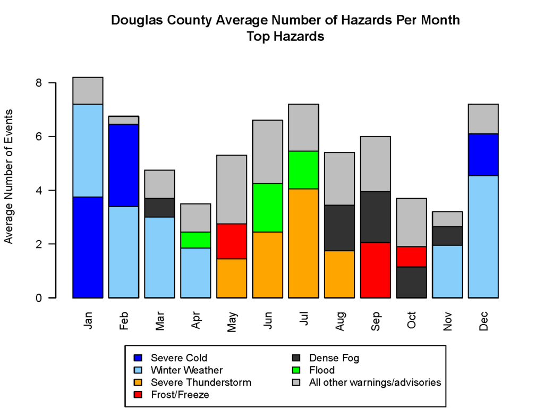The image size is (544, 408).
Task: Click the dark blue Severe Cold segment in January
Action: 88,247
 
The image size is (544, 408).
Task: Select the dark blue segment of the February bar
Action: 123,165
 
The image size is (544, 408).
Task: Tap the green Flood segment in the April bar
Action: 195,240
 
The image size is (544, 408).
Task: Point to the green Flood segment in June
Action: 267,208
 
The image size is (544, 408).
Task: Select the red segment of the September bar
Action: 375,270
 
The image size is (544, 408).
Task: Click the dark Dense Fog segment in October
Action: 411,282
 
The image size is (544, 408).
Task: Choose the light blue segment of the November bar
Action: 447,271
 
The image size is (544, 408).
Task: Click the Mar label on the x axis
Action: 160,321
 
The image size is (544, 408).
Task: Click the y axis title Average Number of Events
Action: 9,176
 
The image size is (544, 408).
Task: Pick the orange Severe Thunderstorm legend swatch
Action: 138,382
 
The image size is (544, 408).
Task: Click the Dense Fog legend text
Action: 334,358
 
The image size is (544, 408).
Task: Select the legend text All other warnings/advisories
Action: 375,382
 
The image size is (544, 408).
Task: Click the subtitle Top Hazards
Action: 285,37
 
